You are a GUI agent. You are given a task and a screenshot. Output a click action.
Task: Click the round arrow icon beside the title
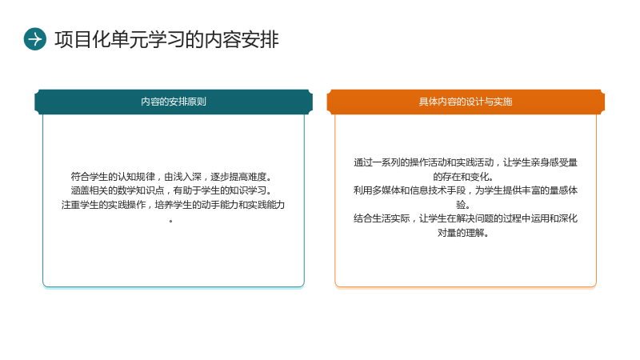(35, 39)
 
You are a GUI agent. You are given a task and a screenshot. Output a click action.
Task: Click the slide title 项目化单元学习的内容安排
(166, 39)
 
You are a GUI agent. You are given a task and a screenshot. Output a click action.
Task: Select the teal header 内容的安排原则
(174, 102)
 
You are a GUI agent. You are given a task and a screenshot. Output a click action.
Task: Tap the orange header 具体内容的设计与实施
(466, 102)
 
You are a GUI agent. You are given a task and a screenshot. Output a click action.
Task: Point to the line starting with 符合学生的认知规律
(171, 177)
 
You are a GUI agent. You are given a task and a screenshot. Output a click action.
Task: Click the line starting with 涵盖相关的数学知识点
(171, 190)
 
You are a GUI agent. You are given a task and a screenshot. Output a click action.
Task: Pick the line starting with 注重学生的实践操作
(173, 205)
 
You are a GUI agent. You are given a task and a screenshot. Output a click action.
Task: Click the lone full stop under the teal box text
(171, 222)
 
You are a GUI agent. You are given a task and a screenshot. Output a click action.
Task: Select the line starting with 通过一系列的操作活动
(466, 162)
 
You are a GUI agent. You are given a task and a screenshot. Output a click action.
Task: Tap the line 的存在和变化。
(463, 177)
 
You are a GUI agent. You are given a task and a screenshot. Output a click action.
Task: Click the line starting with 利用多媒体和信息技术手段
(466, 190)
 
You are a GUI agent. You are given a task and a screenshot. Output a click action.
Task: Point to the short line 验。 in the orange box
(463, 205)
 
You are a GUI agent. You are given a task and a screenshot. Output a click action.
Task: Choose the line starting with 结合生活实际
(466, 218)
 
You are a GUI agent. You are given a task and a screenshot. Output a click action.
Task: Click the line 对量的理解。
(463, 233)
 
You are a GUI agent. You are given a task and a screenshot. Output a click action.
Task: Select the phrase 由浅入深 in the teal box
(183, 177)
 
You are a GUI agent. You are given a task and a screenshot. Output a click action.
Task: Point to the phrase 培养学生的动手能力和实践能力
(219, 205)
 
